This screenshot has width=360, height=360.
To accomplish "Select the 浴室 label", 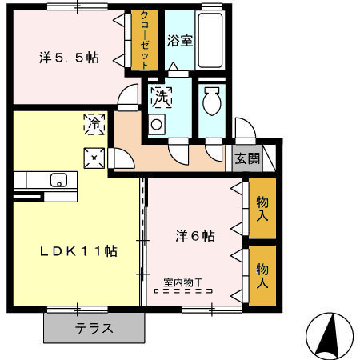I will pos(179,40).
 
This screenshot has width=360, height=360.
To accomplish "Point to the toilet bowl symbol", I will pos(213,102).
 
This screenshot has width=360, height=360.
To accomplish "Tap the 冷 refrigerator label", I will pos(94,124).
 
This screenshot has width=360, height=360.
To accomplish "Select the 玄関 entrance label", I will pos(247,158).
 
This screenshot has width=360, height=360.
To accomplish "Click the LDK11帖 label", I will pos(80,250).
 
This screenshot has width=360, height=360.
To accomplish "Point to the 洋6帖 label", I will pos(195,236).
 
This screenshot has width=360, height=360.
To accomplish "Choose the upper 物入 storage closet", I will pos(262,211).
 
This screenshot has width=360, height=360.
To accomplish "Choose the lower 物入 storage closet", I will pos(262,274).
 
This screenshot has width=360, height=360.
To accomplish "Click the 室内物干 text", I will pos(183,282).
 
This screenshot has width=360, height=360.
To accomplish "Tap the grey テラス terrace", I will pos(94,327).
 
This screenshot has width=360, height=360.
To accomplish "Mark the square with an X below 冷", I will pos(94,158).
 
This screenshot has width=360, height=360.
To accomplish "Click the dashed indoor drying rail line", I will pos(183,293).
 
